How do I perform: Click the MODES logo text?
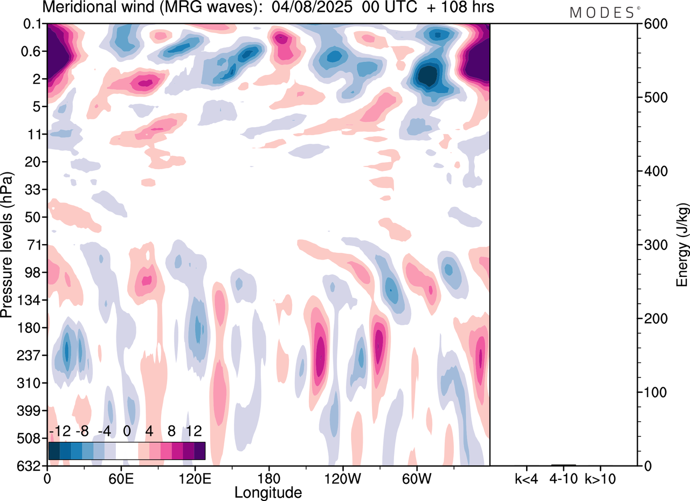click(603, 12)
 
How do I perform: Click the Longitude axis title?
click(268, 492)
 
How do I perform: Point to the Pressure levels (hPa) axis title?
click(8, 245)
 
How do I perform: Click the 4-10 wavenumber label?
click(564, 478)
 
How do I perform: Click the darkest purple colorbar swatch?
click(199, 450)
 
